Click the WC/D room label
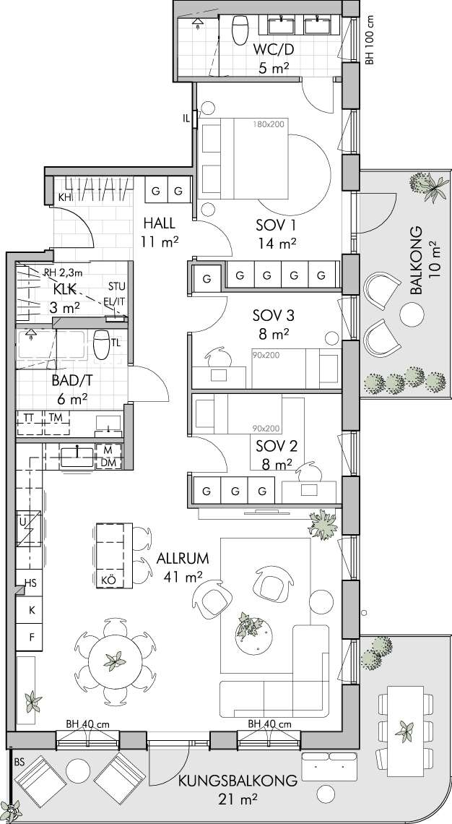[x=274, y=50]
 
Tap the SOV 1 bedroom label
[x=276, y=226]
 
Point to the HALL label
[x=159, y=223]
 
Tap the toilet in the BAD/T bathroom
[x=101, y=343]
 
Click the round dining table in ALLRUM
[x=115, y=661]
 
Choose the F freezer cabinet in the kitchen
[x=32, y=638]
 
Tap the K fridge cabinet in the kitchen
[x=32, y=611]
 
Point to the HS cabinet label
[x=30, y=583]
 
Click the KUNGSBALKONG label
[x=238, y=781]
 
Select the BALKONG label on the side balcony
[x=417, y=261]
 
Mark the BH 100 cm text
[x=370, y=39]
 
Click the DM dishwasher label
[x=108, y=463]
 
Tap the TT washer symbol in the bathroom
[x=30, y=417]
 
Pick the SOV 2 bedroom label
[x=277, y=447]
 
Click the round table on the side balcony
[x=412, y=314]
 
